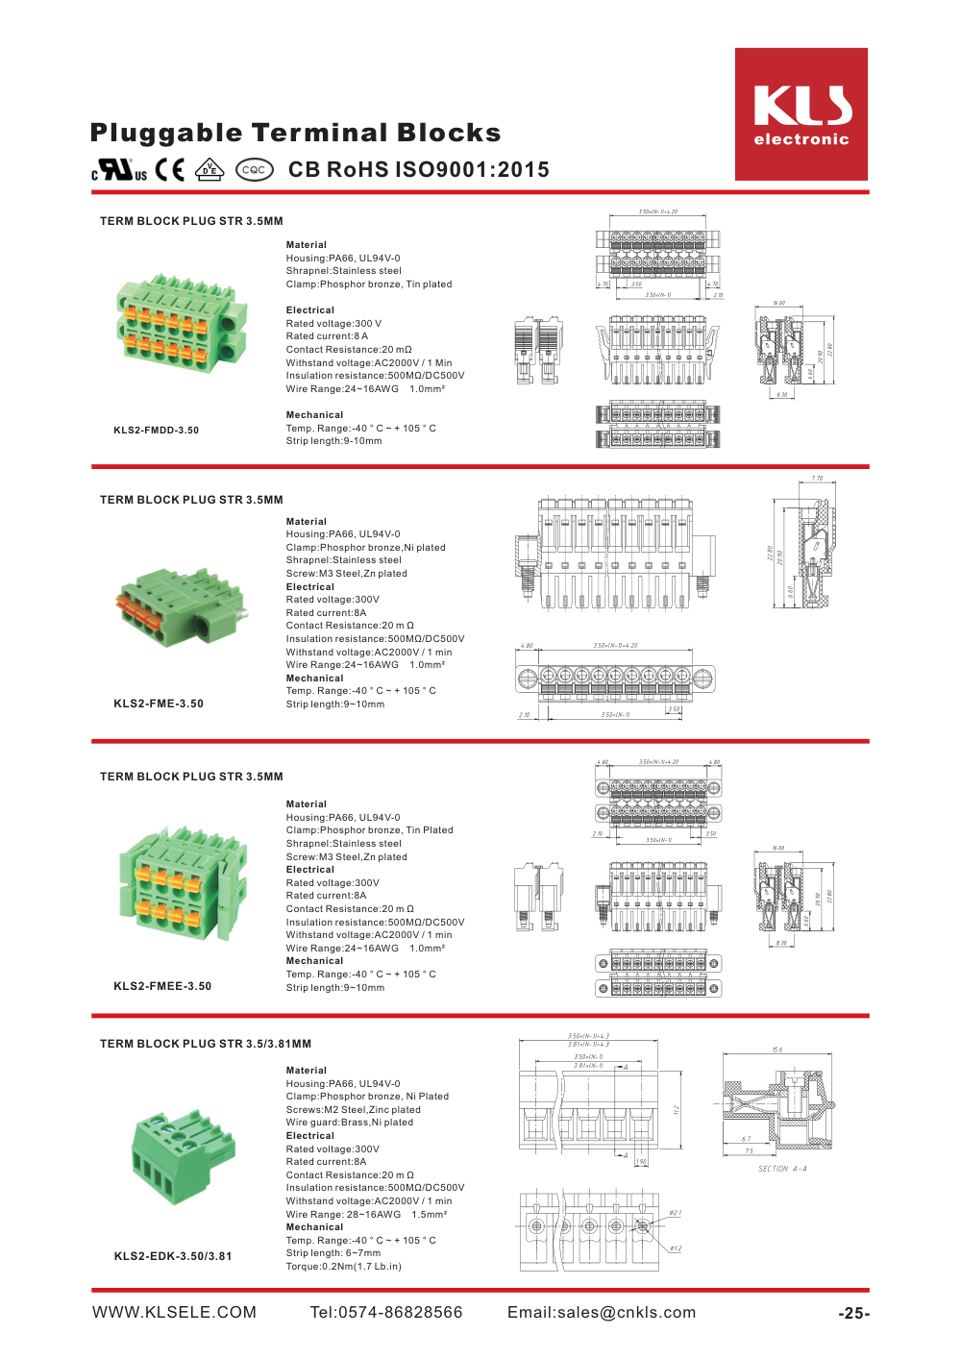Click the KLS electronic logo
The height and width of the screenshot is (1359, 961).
(801, 114)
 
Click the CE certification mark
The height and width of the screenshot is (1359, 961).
(170, 170)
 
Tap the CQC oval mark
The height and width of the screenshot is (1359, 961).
(254, 170)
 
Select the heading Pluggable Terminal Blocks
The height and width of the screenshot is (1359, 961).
(295, 133)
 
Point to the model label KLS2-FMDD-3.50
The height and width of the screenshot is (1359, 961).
(156, 431)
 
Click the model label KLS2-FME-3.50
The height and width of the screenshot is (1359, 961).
(159, 704)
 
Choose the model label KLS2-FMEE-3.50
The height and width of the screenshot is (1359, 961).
(162, 986)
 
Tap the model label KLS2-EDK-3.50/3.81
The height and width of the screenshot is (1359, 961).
(173, 1256)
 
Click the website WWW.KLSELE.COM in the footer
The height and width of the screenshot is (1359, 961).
(174, 1313)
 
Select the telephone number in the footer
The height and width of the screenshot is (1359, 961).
(385, 1313)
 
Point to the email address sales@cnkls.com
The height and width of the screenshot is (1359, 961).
(602, 1313)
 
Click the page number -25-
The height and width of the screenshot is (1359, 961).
(853, 1314)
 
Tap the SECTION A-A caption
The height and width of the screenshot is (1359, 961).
(782, 1170)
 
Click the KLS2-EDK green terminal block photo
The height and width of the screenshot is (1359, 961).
(183, 1157)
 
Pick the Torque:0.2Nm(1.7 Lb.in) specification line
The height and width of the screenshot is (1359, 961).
(343, 1267)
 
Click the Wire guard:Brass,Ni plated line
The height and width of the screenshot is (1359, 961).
(349, 1123)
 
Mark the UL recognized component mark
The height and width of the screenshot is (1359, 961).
(119, 170)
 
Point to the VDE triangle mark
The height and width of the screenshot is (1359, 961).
(209, 170)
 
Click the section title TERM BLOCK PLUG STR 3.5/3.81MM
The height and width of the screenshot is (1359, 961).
(206, 1044)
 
